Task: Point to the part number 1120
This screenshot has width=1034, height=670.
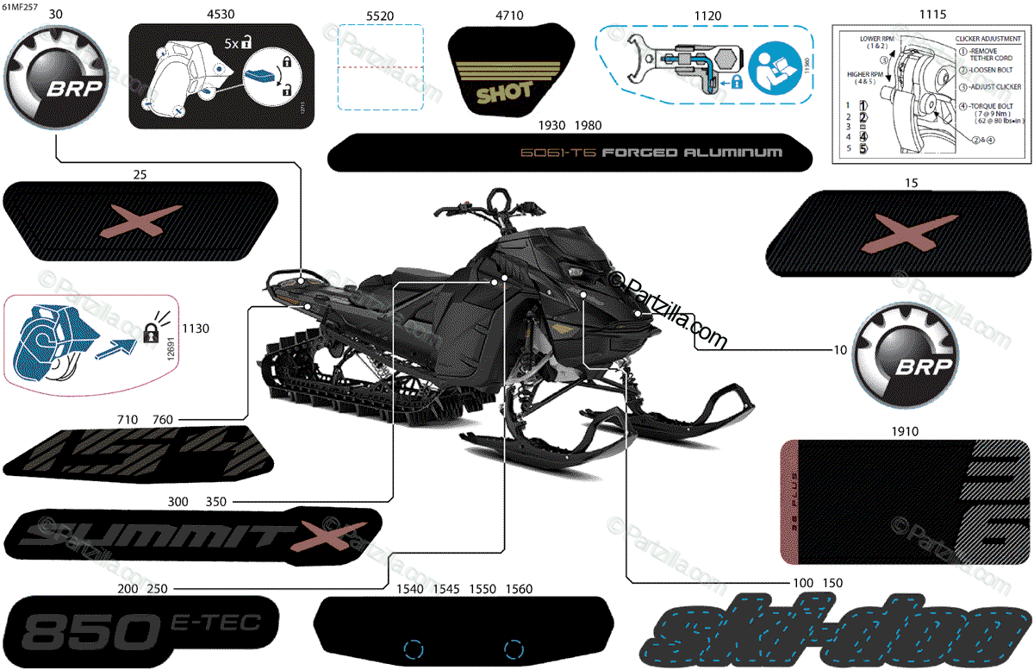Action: point(707,16)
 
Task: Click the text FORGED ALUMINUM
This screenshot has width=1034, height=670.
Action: point(692,153)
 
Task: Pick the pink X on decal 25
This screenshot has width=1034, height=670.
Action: point(141,222)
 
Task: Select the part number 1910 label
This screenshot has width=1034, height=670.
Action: point(905,431)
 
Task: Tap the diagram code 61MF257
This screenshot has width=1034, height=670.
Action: point(20,5)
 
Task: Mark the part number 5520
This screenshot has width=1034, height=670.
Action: point(379,16)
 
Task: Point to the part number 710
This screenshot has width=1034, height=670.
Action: point(128,419)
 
